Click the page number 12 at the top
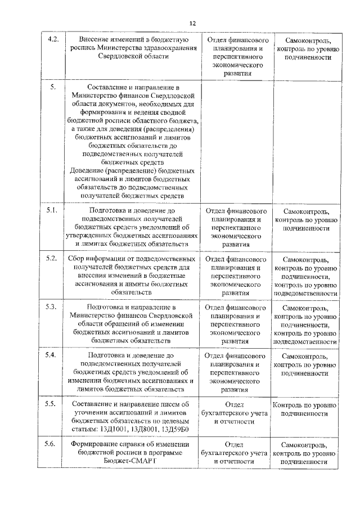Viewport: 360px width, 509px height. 192,23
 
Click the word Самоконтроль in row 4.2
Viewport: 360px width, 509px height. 305,40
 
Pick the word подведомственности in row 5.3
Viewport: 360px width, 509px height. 305,341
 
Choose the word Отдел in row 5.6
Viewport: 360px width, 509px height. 236,444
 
